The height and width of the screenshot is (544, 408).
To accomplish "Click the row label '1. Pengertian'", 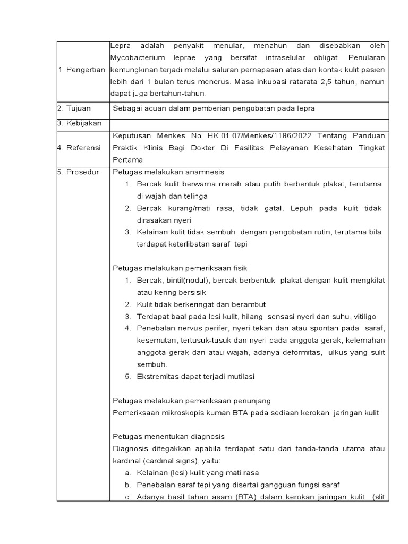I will [x=82, y=70].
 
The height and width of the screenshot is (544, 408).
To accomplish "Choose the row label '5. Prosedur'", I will [x=78, y=172].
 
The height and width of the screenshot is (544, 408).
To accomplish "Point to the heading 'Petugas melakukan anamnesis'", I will [x=169, y=172].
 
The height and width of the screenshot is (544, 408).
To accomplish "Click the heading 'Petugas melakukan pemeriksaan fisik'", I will [x=181, y=268].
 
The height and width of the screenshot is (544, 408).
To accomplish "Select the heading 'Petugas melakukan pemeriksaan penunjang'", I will [x=192, y=401].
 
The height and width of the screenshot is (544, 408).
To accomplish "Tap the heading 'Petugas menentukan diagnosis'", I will [x=169, y=437].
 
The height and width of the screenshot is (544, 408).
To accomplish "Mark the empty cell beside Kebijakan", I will [x=250, y=123].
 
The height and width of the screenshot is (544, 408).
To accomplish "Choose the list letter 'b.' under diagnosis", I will [x=128, y=484].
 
